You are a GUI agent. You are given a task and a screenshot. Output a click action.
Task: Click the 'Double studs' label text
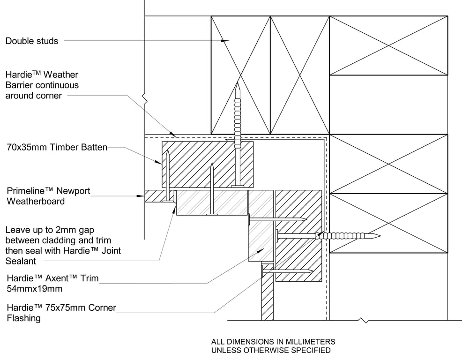(32, 41)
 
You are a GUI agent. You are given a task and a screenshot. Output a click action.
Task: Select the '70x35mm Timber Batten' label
(57, 147)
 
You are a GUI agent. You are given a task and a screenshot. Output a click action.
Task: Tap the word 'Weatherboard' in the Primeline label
(36, 202)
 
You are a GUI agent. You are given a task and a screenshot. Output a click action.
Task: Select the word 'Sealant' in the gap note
(21, 261)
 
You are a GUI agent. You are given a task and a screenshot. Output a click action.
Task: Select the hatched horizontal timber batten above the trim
(207, 164)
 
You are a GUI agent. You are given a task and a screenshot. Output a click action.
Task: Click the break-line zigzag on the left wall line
(146, 99)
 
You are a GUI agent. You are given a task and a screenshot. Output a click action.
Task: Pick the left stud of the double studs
(241, 75)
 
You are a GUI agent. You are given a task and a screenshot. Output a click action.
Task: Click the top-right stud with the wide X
(388, 45)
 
